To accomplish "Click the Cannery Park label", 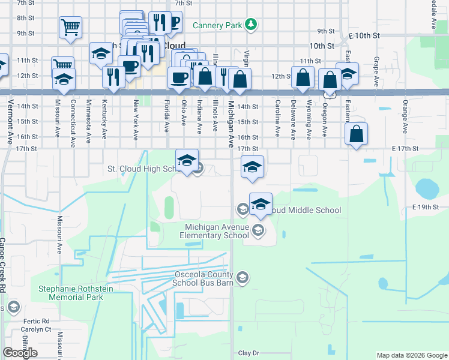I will coord(217,25).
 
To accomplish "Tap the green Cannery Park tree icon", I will coord(252,25).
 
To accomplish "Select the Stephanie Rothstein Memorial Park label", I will coord(76,293).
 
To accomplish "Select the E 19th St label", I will coord(426,207).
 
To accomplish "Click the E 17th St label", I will coord(404,148).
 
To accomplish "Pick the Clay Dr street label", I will coord(249,353).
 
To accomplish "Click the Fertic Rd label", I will coord(37,321).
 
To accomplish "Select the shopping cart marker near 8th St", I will coord(70,27).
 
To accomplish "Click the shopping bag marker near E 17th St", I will coord(357,135).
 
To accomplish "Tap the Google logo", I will coord(20,353).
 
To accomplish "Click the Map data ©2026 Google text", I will coord(411,355).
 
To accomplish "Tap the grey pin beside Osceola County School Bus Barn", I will coord(242,277).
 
